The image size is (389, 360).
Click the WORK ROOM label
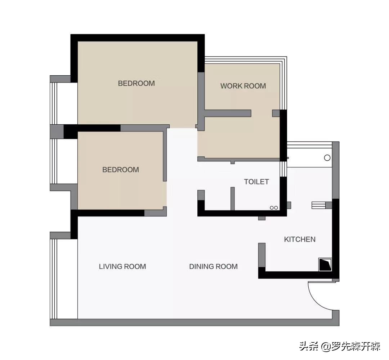click(x=243, y=86)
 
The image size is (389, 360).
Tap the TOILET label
click(x=256, y=182)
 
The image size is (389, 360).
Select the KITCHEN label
click(x=300, y=239)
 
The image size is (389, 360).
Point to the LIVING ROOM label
click(x=122, y=266)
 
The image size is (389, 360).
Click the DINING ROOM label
click(x=213, y=266)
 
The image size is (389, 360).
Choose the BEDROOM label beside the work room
click(x=136, y=83)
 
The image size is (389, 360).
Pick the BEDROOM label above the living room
click(x=121, y=170)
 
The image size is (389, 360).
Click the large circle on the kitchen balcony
click(x=327, y=157)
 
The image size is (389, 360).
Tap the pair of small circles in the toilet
click(x=274, y=208)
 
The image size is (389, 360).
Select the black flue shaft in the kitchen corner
click(x=325, y=265)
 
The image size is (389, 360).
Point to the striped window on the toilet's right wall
click(x=283, y=169)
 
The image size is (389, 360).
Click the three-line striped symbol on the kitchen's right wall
click(x=318, y=205)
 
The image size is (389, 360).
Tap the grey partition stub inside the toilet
click(x=232, y=199)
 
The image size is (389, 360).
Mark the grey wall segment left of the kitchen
click(x=262, y=255)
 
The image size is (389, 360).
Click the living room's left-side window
click(x=54, y=279)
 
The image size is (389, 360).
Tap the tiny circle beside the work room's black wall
click(x=288, y=157)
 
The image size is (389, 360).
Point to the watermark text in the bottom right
click(x=340, y=346)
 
